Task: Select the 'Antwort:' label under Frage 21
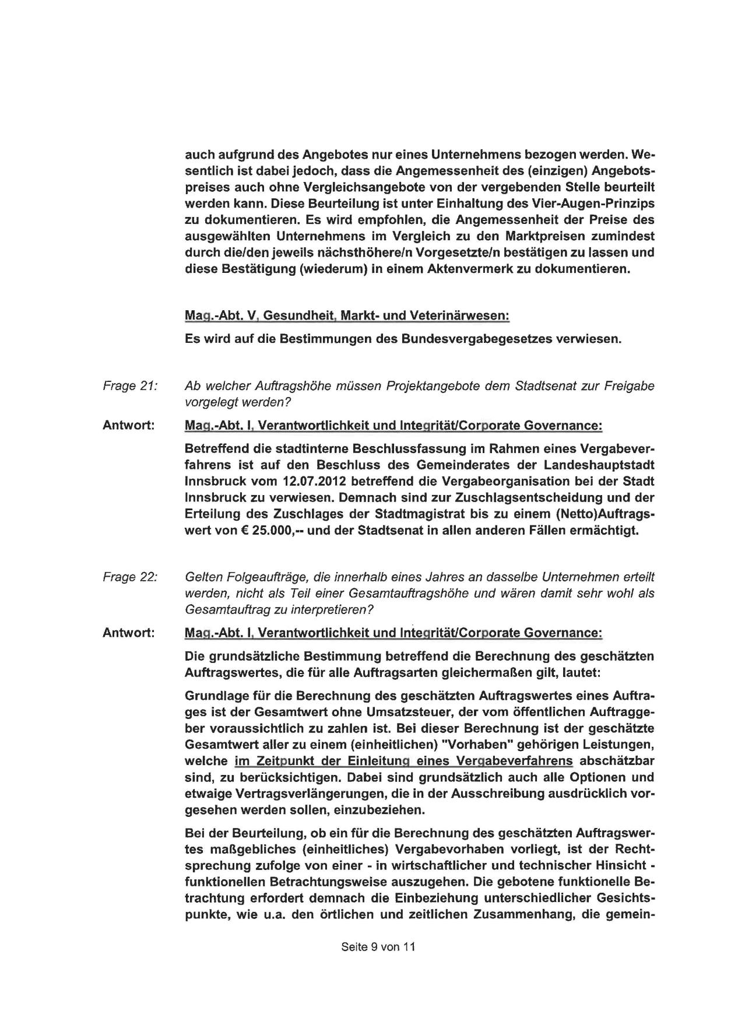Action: point(129,426)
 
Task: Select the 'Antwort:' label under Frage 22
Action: point(129,633)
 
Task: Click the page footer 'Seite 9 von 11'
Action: point(378,947)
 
